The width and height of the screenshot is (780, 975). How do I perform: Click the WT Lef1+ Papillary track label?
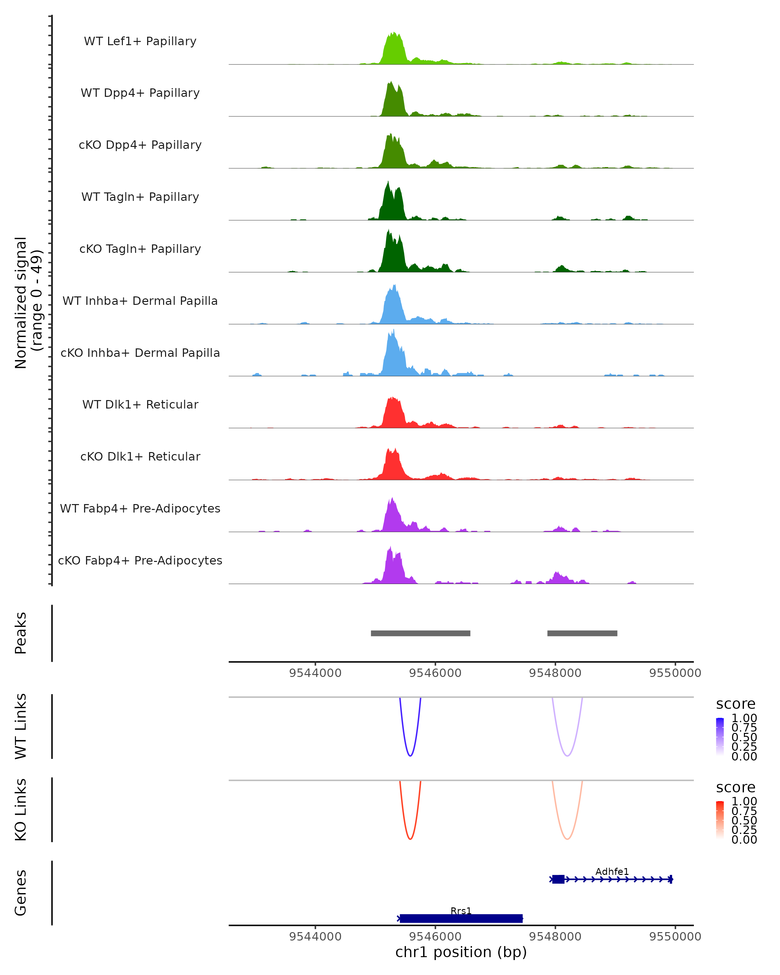(x=140, y=41)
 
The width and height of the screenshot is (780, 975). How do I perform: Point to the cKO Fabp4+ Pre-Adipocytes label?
(x=140, y=560)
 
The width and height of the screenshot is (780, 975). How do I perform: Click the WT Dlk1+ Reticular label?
(x=140, y=404)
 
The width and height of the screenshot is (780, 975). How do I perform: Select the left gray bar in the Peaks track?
(x=421, y=633)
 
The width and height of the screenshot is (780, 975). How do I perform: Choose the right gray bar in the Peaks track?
(x=582, y=633)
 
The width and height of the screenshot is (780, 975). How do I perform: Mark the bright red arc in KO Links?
(x=410, y=838)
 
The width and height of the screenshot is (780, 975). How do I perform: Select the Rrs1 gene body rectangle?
(x=461, y=918)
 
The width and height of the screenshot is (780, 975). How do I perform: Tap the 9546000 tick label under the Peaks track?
(x=435, y=673)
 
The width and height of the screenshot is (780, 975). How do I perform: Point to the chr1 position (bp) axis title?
(x=461, y=952)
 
